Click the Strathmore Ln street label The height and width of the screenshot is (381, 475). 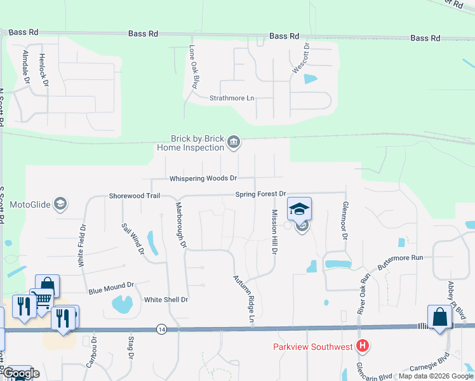point(232,98)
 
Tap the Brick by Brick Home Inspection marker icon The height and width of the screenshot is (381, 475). point(234,142)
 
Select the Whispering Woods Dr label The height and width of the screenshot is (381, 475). point(203,178)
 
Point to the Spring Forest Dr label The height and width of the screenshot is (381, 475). point(261,194)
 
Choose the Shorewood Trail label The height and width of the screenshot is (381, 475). point(134,196)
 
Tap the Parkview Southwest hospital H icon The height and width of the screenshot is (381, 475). point(363,346)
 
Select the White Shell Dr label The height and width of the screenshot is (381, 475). point(166,300)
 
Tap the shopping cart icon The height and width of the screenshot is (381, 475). point(42,298)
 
